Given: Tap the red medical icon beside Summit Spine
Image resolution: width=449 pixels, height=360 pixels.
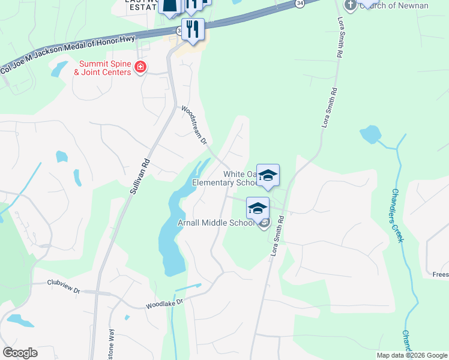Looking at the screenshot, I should (140, 67).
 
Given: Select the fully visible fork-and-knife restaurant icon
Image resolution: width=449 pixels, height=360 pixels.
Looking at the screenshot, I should (193, 30).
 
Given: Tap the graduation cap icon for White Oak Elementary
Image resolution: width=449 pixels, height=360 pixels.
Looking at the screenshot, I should (268, 175).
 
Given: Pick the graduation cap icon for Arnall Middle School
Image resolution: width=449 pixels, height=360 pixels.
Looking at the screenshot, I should (257, 208).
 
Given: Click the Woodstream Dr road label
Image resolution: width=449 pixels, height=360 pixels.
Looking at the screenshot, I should (194, 125).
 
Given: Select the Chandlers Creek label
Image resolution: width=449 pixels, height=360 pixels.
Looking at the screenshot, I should (398, 215).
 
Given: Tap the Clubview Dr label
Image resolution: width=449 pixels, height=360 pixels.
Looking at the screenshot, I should (64, 287).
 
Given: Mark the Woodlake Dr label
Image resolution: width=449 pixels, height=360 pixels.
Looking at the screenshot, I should (163, 305).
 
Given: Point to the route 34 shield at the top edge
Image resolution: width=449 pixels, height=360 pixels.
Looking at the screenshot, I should (299, 4).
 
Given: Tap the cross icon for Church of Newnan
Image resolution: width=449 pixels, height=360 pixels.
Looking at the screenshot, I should (351, 5).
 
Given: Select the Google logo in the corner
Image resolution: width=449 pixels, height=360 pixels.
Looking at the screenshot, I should (20, 353).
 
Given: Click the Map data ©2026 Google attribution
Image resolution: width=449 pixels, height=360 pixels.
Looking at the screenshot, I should (412, 355).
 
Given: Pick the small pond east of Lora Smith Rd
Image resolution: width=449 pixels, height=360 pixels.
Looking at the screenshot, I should (370, 134).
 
